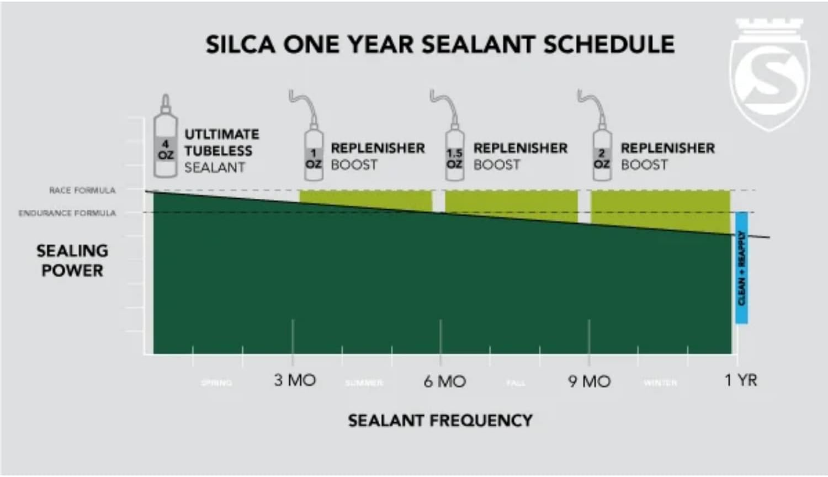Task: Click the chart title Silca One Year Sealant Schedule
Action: coord(440,45)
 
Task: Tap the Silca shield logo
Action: coord(769,75)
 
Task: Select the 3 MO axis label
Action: coord(295,380)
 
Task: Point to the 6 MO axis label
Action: coord(444,381)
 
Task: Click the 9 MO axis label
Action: coord(589,381)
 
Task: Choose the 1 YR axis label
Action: coord(741,380)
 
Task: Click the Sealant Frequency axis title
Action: coord(440,421)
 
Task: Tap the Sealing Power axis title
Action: coord(72,261)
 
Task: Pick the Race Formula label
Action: coord(82,190)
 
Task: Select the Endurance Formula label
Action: coord(67,213)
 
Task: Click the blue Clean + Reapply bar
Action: coord(741,268)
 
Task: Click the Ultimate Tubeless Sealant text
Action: coord(221,151)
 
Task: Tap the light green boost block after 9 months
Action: coord(660,206)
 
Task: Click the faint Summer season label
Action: coord(364,383)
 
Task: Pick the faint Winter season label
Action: coord(660,383)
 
